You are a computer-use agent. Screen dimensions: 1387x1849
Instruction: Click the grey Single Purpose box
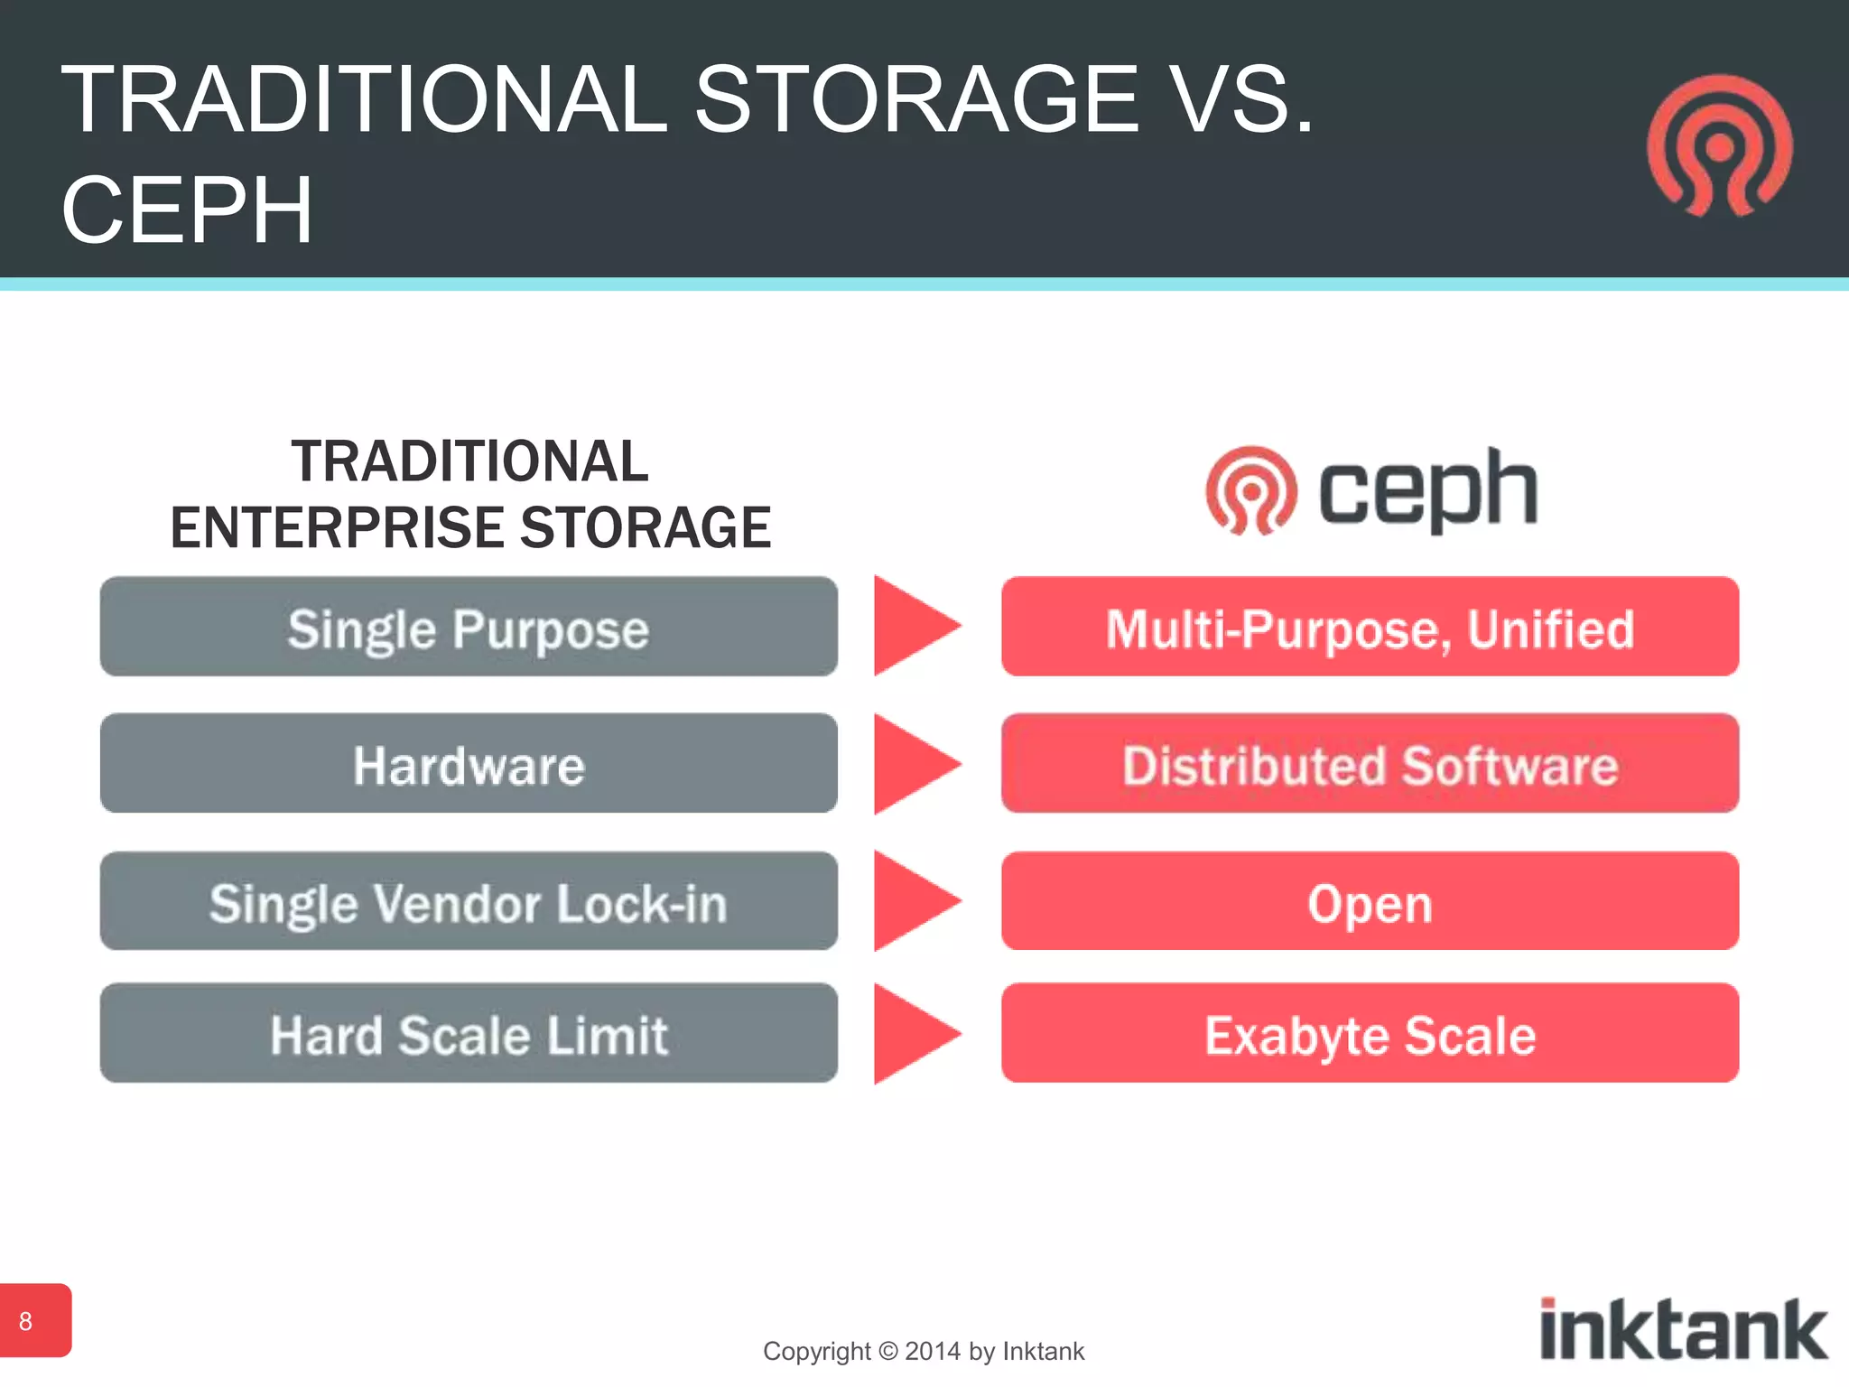(x=469, y=627)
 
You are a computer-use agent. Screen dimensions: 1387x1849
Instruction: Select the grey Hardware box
(x=469, y=764)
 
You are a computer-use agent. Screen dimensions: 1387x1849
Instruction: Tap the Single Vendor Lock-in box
(x=469, y=901)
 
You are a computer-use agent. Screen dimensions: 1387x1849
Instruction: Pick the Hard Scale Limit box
(x=469, y=1033)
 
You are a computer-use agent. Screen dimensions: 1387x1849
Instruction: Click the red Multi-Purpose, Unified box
(x=1370, y=627)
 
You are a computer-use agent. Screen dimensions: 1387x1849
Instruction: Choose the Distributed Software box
(x=1370, y=764)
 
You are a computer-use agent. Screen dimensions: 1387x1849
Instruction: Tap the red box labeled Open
(x=1370, y=901)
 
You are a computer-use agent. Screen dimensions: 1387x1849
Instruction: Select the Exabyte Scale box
(x=1370, y=1033)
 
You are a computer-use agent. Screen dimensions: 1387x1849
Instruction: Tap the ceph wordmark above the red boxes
(x=1426, y=489)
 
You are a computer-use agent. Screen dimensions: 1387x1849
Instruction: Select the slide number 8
(x=27, y=1321)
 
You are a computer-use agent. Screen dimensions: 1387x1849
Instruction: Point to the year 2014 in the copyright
(x=932, y=1352)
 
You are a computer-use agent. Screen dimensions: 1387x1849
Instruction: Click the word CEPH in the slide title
(x=187, y=210)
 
